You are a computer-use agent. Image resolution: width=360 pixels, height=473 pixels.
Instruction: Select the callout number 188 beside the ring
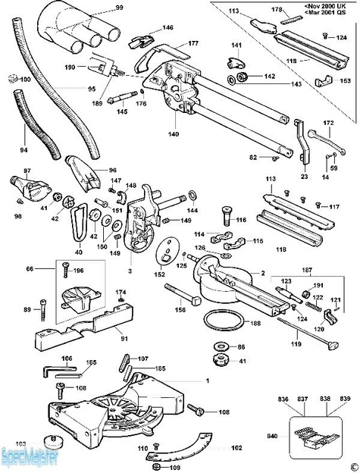point(256,324)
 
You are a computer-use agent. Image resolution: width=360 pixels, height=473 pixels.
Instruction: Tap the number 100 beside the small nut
point(25,79)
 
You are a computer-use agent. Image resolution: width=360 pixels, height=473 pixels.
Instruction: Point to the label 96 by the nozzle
point(112,170)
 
